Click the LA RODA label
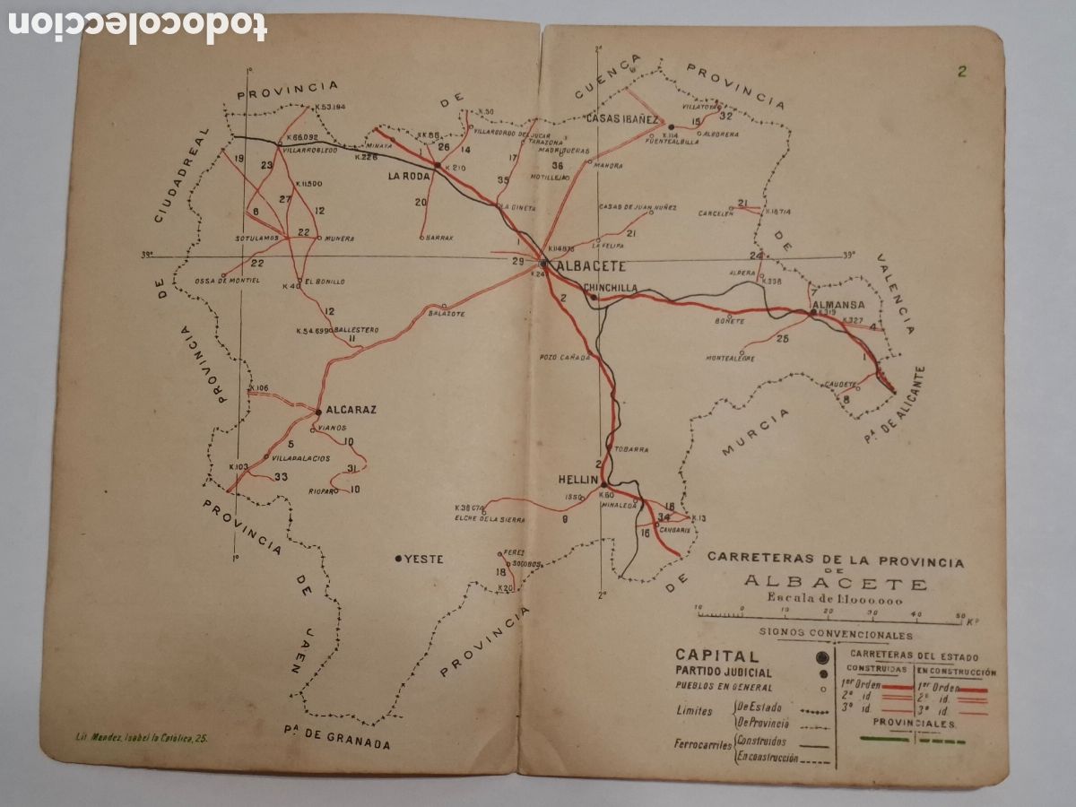409,177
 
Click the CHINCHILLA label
611,288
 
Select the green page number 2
961,73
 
